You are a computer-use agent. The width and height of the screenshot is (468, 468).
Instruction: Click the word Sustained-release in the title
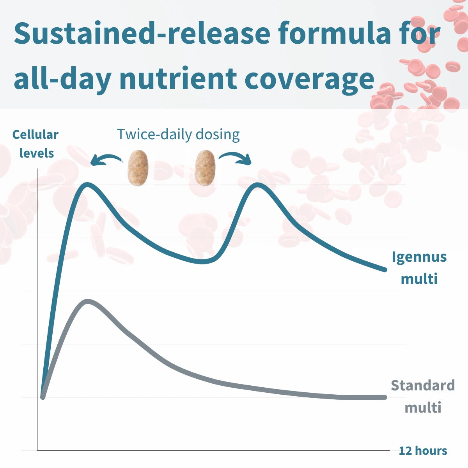[x=142, y=33]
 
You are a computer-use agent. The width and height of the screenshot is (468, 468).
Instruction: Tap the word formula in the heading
[x=335, y=33]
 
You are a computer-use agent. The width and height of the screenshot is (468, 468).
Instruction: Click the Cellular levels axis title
[x=36, y=144]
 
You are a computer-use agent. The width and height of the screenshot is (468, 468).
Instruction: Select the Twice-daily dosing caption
[x=179, y=134]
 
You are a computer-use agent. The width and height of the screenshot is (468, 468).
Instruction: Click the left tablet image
[x=138, y=168]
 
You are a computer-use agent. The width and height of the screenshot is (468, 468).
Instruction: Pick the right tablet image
[x=205, y=168]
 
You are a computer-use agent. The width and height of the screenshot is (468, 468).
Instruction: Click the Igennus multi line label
[x=419, y=268]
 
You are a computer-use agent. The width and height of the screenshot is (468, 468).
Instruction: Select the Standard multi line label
[x=423, y=396]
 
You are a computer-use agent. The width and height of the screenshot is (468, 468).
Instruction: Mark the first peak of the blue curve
[x=87, y=185]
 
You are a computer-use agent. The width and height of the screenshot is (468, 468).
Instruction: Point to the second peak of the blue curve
[x=257, y=185]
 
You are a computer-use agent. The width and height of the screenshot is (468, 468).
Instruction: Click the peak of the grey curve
[x=88, y=302]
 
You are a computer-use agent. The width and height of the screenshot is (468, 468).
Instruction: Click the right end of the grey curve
[x=385, y=397]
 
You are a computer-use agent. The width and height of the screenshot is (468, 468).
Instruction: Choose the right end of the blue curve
[x=385, y=270]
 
